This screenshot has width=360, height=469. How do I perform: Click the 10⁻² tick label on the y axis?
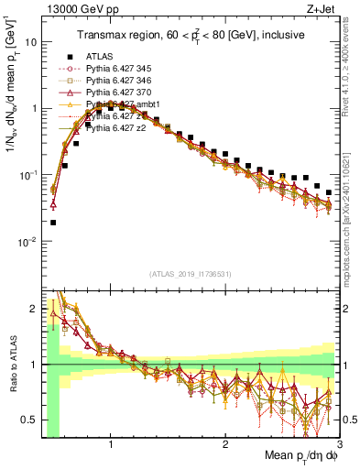pos(27,242)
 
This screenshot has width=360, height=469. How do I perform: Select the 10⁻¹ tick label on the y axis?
pos(27,175)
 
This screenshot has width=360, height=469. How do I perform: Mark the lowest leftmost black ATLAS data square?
pos(53,222)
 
